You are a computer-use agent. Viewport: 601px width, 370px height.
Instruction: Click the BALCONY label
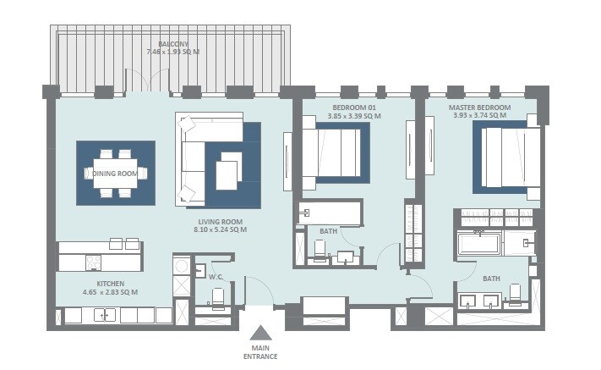[172, 43]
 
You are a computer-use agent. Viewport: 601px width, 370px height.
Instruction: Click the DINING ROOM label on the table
[115, 174]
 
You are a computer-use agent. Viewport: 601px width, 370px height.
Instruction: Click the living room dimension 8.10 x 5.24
[220, 229]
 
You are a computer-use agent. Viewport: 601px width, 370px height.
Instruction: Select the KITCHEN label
[111, 284]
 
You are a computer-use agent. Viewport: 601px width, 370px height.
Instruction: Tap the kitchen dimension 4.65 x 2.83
[111, 292]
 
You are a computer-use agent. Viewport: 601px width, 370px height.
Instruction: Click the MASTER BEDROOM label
[479, 108]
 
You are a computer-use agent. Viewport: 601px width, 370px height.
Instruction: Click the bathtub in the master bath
[482, 246]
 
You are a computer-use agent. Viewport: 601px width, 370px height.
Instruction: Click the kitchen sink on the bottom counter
[106, 316]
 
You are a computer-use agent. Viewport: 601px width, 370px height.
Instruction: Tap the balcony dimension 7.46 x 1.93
[172, 52]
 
